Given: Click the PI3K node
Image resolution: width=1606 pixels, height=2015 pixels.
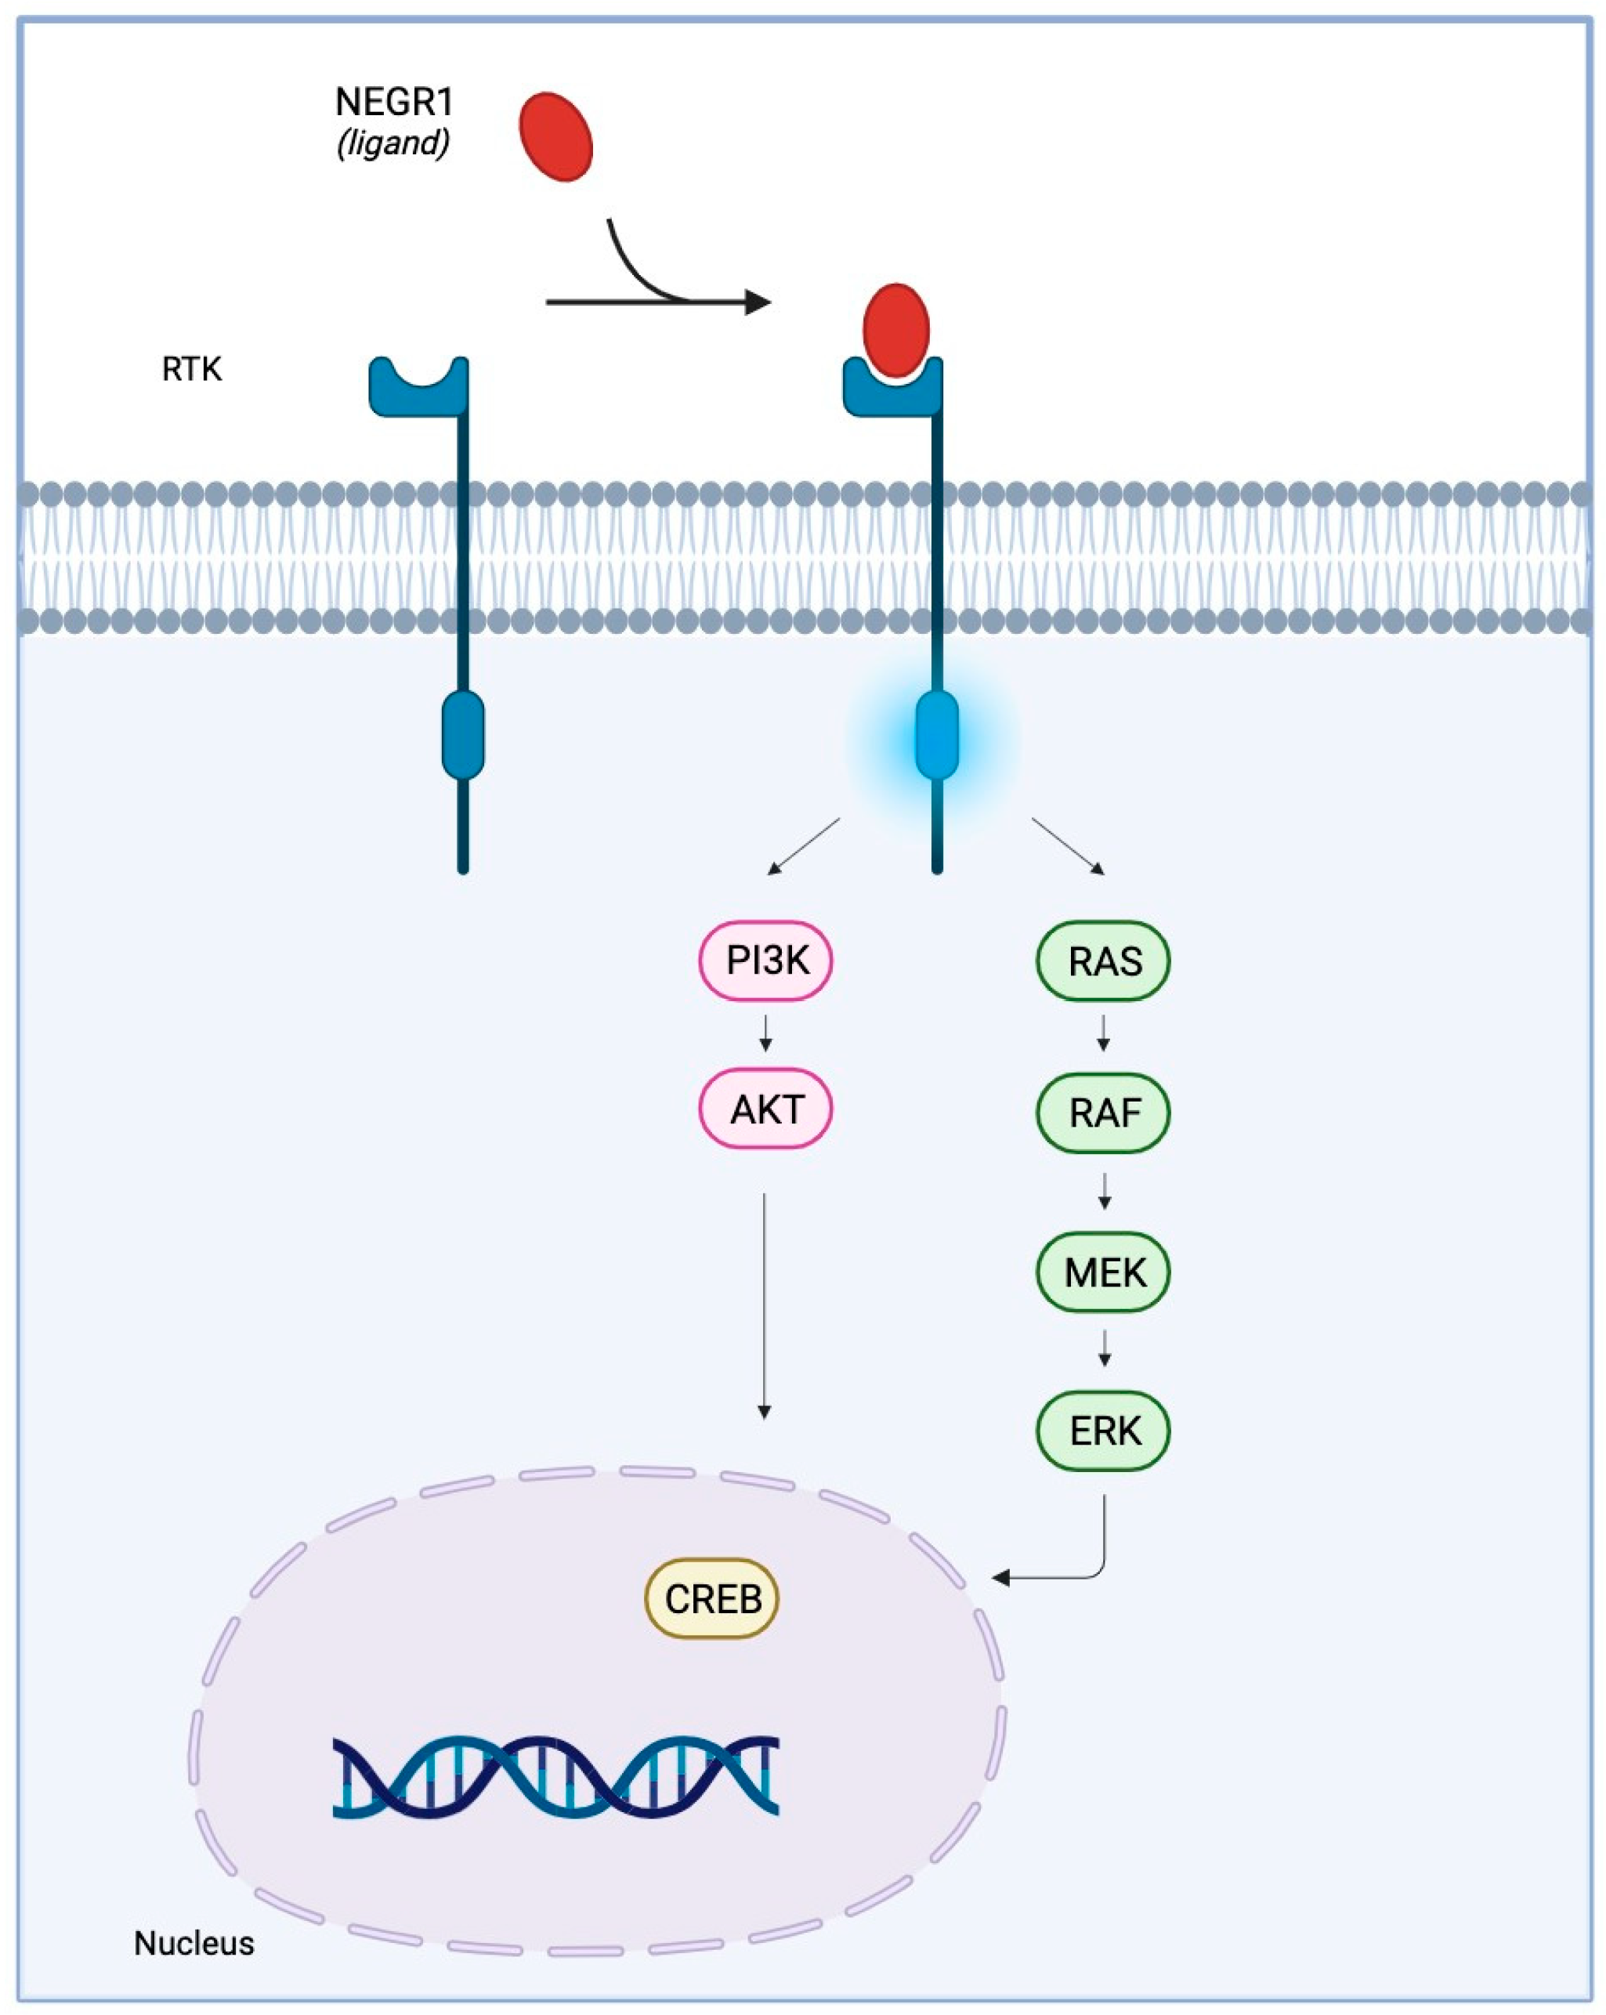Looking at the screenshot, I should click(x=765, y=960).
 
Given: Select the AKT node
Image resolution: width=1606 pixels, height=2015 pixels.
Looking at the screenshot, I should click(x=765, y=1109).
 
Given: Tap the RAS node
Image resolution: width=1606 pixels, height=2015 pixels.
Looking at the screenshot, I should click(x=1102, y=960).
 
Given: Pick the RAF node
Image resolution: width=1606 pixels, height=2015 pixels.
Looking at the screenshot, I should click(x=1102, y=1112).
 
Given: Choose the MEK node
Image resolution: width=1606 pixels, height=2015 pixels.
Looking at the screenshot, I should click(x=1102, y=1271).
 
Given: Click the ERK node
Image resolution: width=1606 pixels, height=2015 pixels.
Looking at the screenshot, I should click(x=1102, y=1430).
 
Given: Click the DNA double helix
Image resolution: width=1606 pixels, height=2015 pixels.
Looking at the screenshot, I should click(x=555, y=1777).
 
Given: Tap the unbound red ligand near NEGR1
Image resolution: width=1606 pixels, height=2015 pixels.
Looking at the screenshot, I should click(x=555, y=136).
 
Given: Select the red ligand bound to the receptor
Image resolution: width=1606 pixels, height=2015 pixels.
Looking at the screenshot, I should click(x=895, y=329).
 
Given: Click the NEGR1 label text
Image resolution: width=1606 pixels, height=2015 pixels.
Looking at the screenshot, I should click(x=392, y=102).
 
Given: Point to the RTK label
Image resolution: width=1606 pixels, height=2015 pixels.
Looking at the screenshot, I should click(x=192, y=369).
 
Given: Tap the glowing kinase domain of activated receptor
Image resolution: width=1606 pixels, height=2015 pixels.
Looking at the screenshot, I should click(x=935, y=735).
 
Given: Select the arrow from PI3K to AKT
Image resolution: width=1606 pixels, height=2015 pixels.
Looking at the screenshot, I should click(x=765, y=1033).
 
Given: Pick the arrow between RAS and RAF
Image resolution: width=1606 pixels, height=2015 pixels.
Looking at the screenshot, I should click(x=1103, y=1033).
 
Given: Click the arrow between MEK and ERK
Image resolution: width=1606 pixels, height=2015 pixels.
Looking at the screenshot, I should click(x=1104, y=1348).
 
